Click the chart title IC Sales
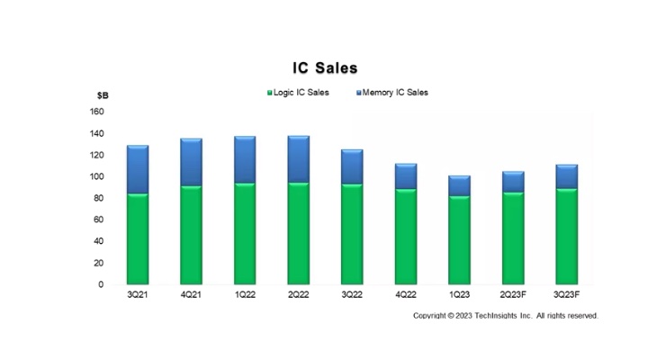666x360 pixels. coord(325,67)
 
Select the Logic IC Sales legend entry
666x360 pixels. coord(298,93)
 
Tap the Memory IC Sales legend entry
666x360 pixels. coord(392,93)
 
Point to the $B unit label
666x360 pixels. coord(103,95)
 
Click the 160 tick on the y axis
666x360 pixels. coord(97,112)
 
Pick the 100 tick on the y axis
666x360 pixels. coord(97,176)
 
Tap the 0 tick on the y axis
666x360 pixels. coord(101,284)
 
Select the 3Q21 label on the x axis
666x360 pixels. coord(138,294)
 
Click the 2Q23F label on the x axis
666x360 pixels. coord(513,294)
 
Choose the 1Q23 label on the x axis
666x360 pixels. coord(460,294)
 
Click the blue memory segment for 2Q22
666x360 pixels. coord(299,159)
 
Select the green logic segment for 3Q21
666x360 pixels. coord(138,239)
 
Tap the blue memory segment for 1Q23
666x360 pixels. coord(460,186)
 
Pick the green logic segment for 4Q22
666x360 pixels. coord(406,237)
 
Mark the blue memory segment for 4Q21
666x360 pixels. coord(191,162)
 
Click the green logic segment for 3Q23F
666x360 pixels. coord(567,237)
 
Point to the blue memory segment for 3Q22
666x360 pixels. coord(352,166)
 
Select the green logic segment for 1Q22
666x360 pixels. coord(245,234)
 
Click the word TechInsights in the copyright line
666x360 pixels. coord(497,315)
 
